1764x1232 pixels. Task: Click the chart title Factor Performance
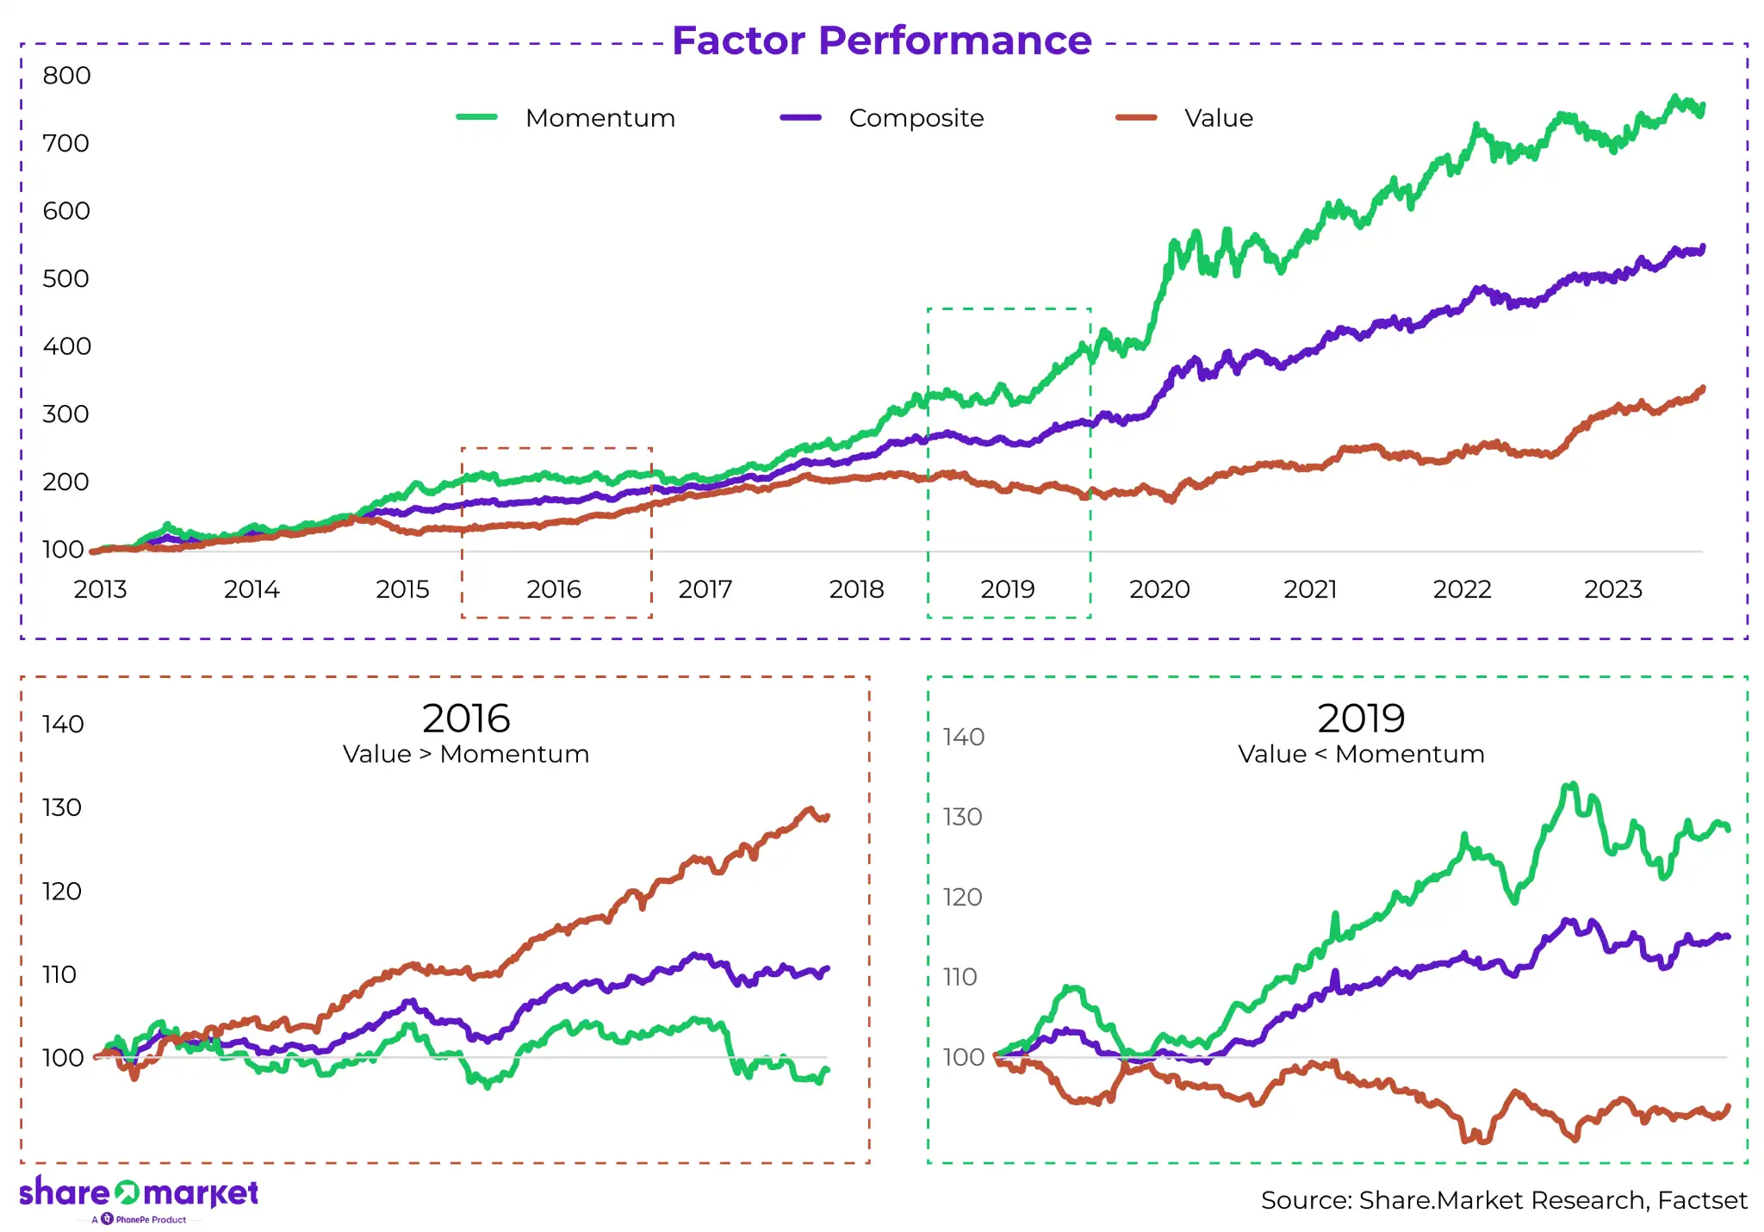(881, 40)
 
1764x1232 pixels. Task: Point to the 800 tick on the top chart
(66, 76)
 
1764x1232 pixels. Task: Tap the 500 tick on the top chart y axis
(66, 279)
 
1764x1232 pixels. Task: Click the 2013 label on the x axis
(100, 589)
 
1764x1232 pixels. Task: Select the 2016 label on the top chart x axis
(554, 589)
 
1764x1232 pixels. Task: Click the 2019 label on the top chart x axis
(1008, 589)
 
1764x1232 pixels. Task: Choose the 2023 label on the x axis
(1613, 589)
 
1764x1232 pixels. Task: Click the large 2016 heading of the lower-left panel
(466, 718)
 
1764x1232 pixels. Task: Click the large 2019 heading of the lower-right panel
(1361, 718)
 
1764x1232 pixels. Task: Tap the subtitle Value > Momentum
(466, 754)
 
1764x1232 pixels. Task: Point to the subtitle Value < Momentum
(1361, 754)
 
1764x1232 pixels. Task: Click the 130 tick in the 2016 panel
(62, 808)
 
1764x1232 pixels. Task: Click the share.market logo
(139, 1194)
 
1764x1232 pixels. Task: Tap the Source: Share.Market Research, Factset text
(1504, 1200)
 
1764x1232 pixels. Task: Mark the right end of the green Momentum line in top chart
(1702, 108)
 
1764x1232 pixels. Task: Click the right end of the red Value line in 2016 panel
(827, 816)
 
